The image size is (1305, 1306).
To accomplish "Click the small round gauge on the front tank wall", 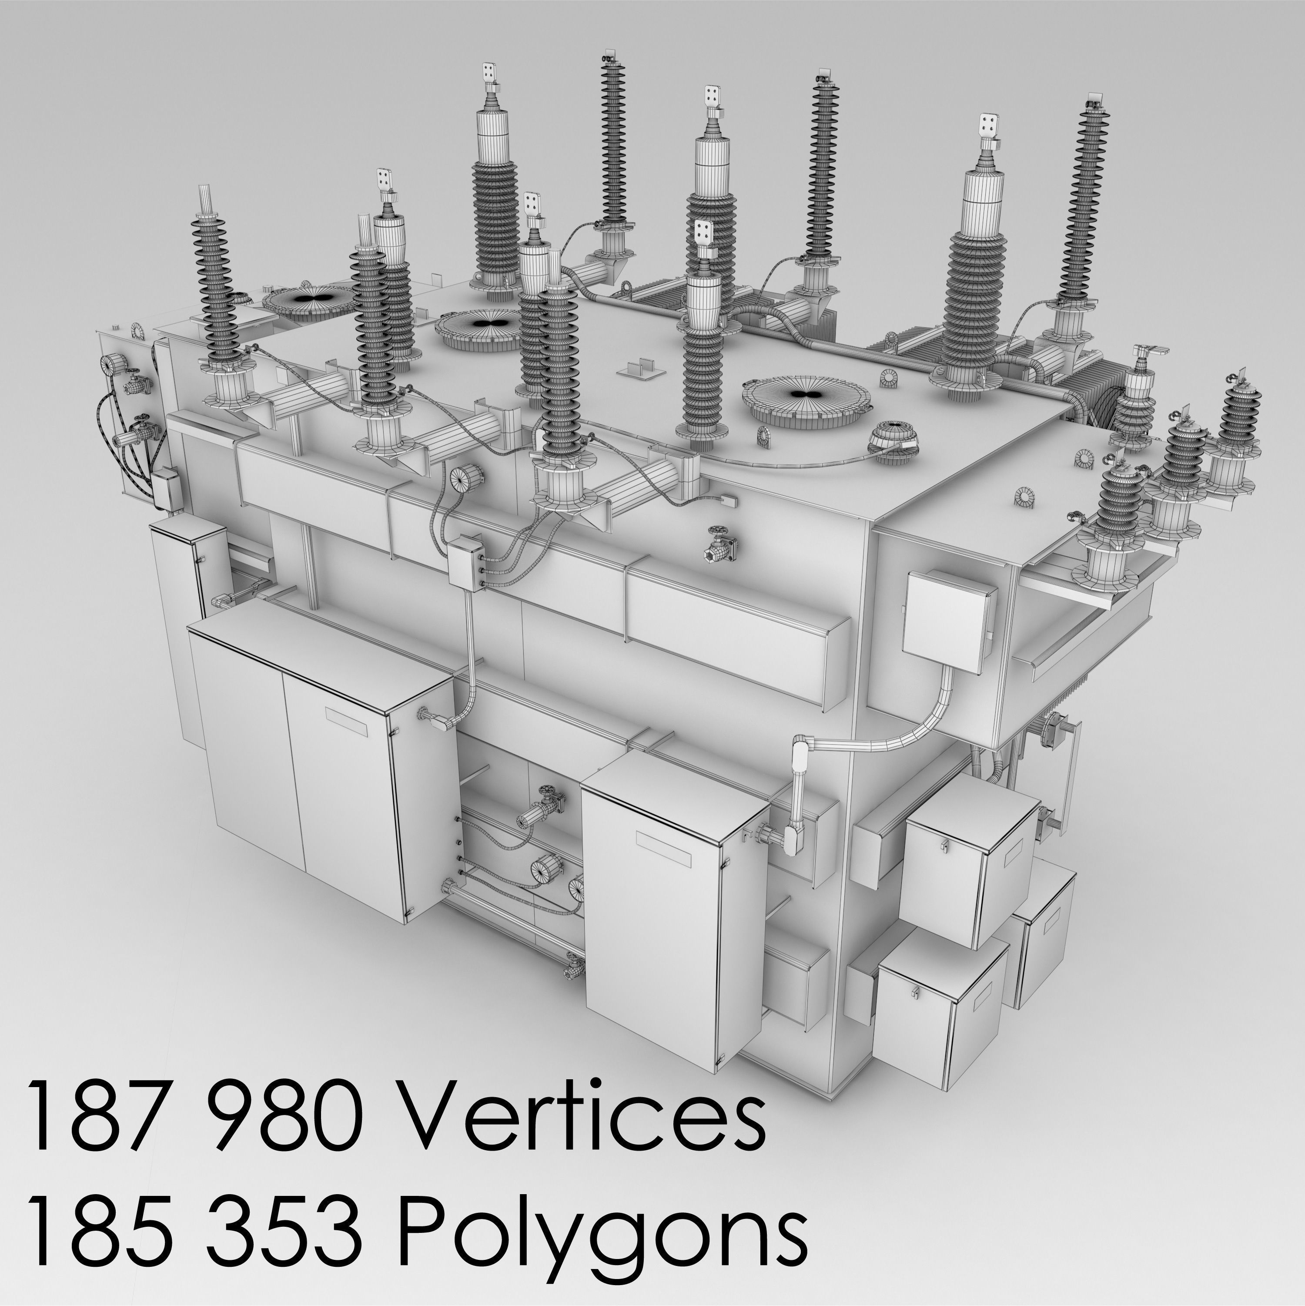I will [464, 477].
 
